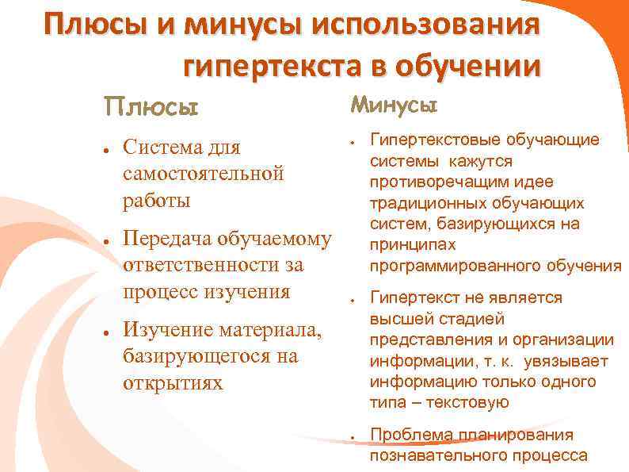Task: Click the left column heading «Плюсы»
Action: tap(151, 106)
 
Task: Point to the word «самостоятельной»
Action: tap(203, 174)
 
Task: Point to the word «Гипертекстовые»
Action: tap(430, 140)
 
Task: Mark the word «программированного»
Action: tap(441, 265)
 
